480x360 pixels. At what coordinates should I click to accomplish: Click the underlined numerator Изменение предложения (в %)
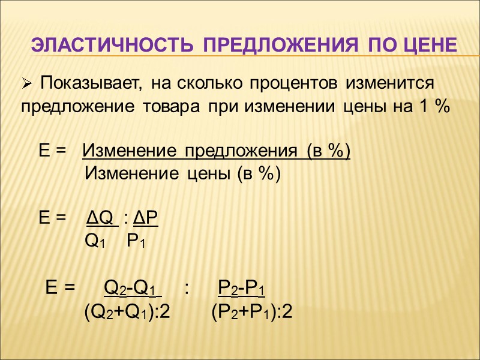pyautogui.click(x=216, y=150)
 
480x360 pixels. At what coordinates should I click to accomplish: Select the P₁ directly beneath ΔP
pyautogui.click(x=137, y=242)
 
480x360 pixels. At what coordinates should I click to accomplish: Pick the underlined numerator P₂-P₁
pyautogui.click(x=241, y=287)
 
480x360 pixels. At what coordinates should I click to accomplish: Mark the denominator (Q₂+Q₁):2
pyautogui.click(x=127, y=312)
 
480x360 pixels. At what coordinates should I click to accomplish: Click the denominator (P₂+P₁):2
pyautogui.click(x=253, y=312)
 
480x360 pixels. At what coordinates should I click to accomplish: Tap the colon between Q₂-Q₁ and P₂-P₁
pyautogui.click(x=188, y=287)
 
